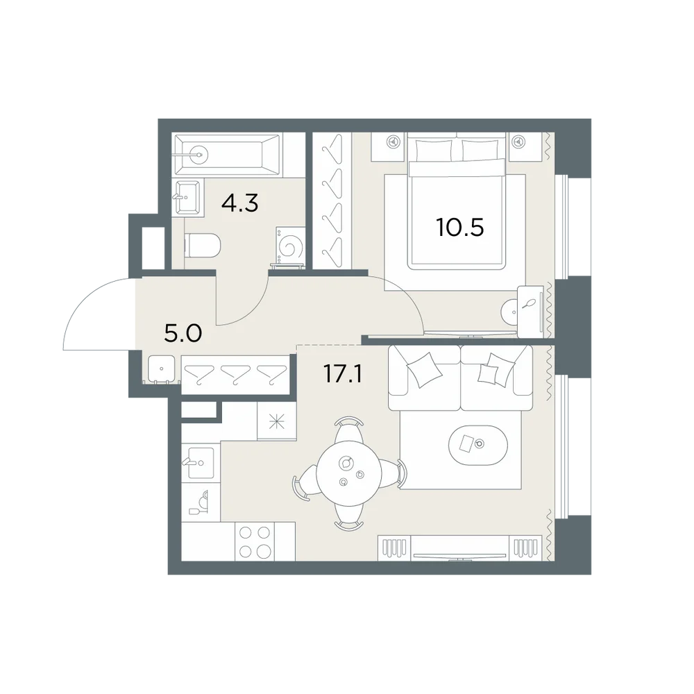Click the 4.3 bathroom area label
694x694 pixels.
[x=239, y=203]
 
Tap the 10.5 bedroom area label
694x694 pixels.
[x=460, y=227]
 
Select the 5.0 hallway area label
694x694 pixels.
[x=183, y=333]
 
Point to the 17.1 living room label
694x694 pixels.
[x=343, y=373]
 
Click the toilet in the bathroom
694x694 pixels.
[x=202, y=245]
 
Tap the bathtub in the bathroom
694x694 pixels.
[x=228, y=155]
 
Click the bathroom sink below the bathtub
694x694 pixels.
[x=188, y=197]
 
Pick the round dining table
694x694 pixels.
[x=349, y=473]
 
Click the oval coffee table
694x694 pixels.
[x=478, y=445]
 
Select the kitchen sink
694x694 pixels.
[x=201, y=463]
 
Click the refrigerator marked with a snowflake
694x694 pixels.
[x=277, y=421]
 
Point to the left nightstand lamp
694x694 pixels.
[x=391, y=142]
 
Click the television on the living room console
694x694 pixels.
[x=459, y=556]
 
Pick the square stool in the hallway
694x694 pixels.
[x=162, y=369]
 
